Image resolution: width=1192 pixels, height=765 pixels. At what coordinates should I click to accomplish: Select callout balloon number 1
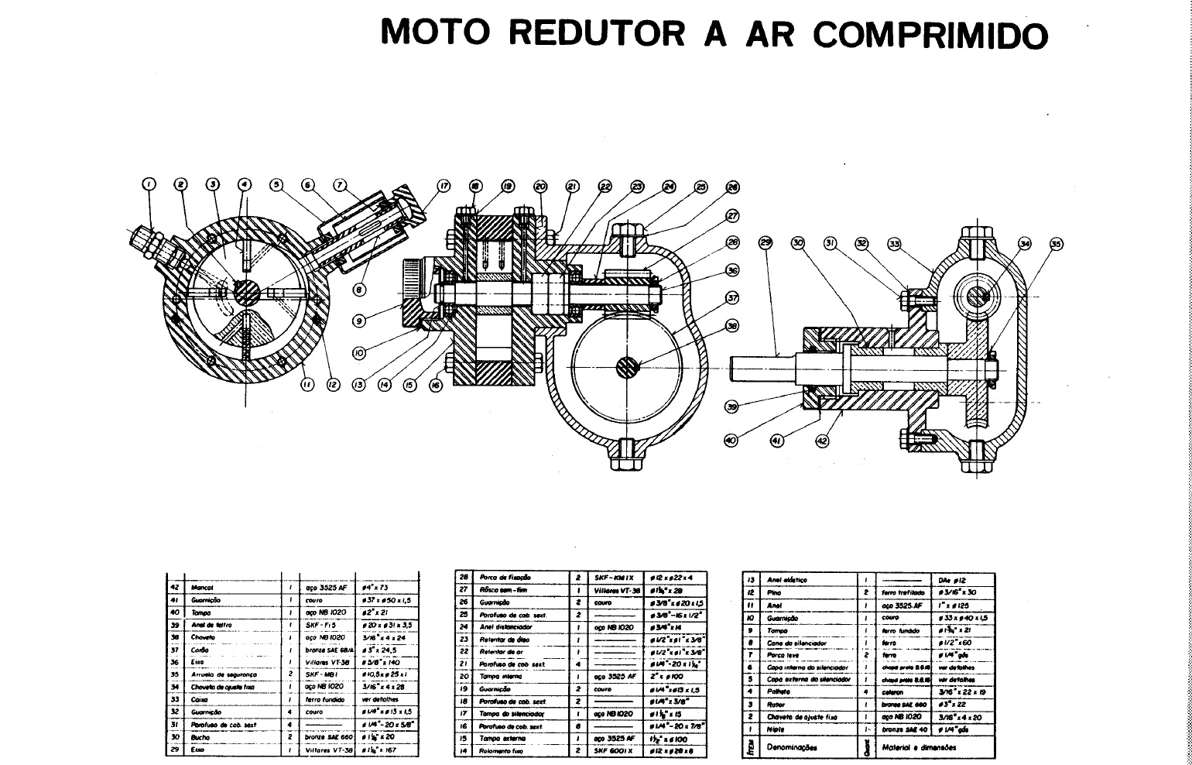coord(149,184)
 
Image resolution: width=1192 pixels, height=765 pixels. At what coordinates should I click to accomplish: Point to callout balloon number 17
coord(444,186)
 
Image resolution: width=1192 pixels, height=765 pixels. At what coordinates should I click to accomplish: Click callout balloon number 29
coord(766,243)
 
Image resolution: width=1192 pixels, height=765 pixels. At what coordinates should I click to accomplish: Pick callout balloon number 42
coord(822,441)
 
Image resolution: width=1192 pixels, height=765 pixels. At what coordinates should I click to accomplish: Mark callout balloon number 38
coord(731,326)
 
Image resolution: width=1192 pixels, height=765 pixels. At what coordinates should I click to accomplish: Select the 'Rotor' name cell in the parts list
coord(776,705)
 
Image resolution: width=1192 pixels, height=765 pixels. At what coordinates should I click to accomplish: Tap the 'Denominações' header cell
coord(792,747)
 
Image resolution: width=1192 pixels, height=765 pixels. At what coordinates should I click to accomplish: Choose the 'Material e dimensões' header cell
coord(919,747)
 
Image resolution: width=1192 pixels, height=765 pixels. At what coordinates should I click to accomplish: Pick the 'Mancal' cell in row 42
coord(203,588)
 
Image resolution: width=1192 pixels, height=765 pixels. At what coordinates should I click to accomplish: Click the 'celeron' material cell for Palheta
coord(894,692)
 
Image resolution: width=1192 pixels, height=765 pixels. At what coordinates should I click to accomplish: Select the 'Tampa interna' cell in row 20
coord(502,676)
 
